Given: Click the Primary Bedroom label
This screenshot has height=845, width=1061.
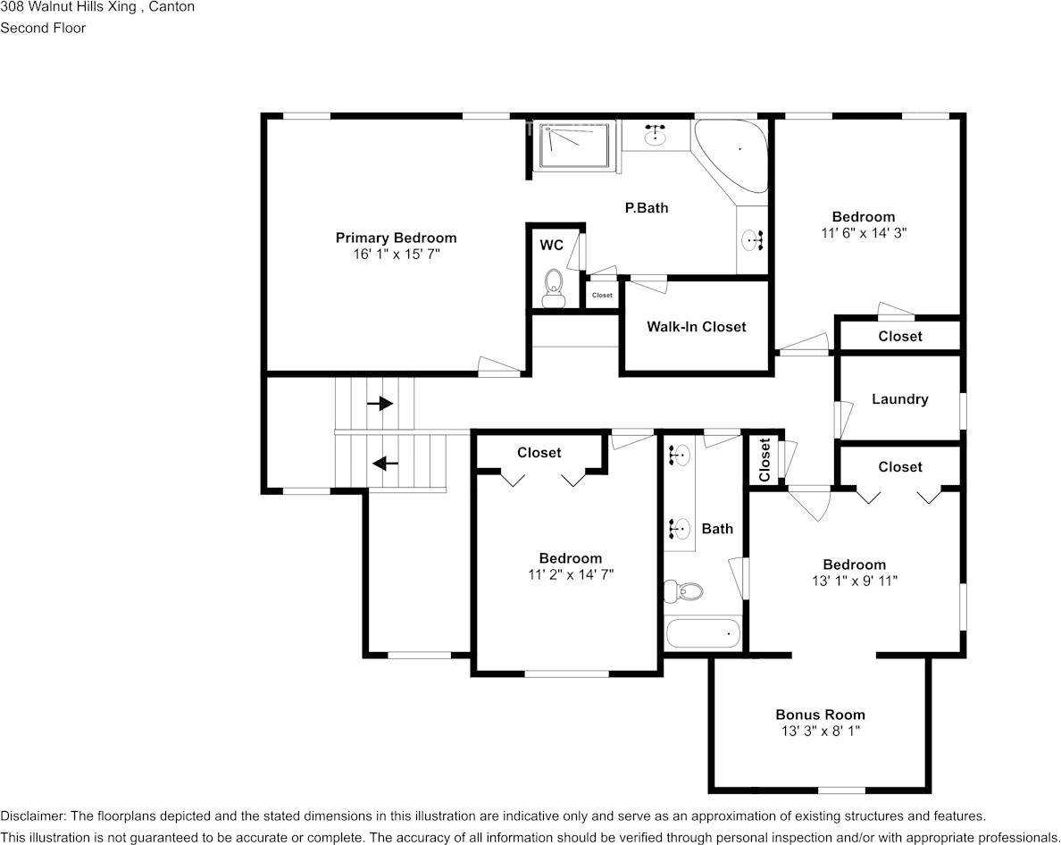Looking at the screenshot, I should click(x=396, y=238).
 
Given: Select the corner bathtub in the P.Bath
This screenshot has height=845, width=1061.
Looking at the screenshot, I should click(x=733, y=153).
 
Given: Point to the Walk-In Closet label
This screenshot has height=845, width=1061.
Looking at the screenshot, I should click(x=696, y=327).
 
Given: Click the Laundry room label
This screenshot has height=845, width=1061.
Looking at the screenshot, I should click(x=899, y=399).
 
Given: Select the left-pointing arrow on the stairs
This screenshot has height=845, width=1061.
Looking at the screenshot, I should click(x=385, y=463).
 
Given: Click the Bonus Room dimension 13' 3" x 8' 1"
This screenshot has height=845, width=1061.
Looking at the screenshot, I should click(x=820, y=731).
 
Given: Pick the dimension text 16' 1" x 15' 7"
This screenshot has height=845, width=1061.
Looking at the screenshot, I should click(x=396, y=255).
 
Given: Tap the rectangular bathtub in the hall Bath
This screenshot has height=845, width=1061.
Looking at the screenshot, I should click(x=703, y=634).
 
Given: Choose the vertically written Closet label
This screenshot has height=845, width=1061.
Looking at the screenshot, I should click(x=764, y=460).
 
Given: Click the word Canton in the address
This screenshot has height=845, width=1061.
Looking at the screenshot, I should click(x=171, y=7).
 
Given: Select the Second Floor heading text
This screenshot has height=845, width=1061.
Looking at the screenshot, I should click(x=43, y=28).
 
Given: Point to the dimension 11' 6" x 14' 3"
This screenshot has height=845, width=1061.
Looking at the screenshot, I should click(x=863, y=232).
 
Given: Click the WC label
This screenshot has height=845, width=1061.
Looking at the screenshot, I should click(x=551, y=244).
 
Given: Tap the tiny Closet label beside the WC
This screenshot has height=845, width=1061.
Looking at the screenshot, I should click(x=602, y=295).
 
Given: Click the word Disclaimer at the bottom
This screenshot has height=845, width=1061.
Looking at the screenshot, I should click(x=32, y=816).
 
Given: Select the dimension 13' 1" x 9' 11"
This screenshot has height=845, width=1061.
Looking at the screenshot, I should click(x=854, y=581).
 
